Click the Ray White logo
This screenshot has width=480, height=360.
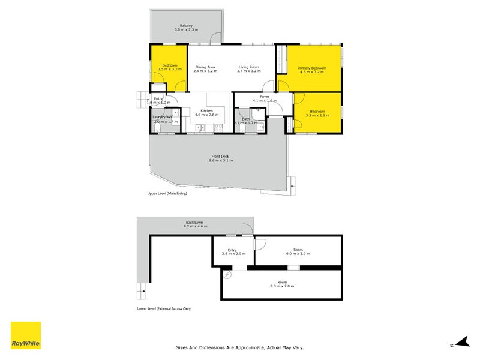point(26,335)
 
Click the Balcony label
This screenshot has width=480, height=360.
point(186,25)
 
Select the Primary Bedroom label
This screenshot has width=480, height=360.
point(312,68)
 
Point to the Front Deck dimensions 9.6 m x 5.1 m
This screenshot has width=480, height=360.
point(220,161)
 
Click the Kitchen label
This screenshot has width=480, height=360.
point(207,111)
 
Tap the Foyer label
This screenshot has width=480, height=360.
point(264,96)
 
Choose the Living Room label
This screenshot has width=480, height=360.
point(249,67)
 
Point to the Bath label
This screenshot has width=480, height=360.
point(245,119)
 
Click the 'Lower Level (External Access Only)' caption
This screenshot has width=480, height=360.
point(164,308)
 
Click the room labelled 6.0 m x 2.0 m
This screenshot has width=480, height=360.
point(298,252)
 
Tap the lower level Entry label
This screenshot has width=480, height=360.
point(232,250)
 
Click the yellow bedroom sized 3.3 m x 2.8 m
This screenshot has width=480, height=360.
point(317,113)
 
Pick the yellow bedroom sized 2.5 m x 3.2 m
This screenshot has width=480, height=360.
point(169,67)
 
